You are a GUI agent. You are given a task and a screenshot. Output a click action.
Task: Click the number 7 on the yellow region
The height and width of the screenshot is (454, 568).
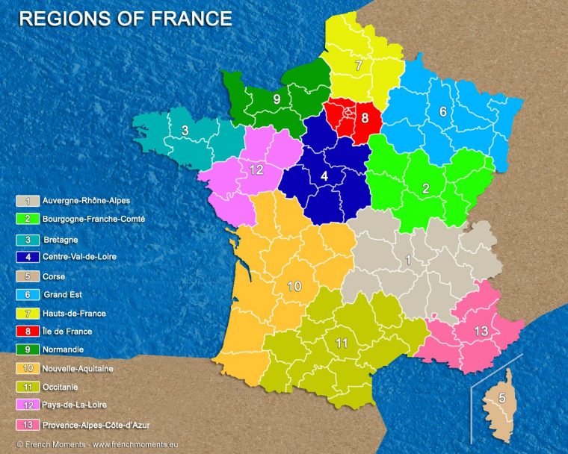[359, 66]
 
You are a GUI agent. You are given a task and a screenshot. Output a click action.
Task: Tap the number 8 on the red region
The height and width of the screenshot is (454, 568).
[365, 118]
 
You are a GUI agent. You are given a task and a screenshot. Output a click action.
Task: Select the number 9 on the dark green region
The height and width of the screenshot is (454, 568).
[277, 99]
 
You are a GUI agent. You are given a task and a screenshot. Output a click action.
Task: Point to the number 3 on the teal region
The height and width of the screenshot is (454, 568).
[185, 131]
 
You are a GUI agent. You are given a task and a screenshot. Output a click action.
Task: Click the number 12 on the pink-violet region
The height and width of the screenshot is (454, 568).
[256, 170]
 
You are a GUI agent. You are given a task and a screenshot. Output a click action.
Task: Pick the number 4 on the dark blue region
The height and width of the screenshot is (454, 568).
[324, 176]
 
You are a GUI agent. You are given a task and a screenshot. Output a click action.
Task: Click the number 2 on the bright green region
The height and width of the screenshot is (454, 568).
[426, 189]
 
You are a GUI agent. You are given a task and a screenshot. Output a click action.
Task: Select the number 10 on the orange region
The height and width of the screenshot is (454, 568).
[294, 286]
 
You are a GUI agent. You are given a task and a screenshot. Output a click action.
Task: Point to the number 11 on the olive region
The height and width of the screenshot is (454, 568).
[342, 343]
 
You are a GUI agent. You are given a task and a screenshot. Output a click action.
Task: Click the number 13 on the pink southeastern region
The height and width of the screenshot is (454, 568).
[481, 331]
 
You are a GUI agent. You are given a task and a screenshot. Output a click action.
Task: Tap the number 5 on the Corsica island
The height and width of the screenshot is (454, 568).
[501, 398]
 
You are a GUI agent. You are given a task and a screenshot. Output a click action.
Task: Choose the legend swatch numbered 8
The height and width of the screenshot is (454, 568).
[28, 331]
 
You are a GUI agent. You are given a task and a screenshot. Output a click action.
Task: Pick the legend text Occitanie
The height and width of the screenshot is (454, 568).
[61, 387]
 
